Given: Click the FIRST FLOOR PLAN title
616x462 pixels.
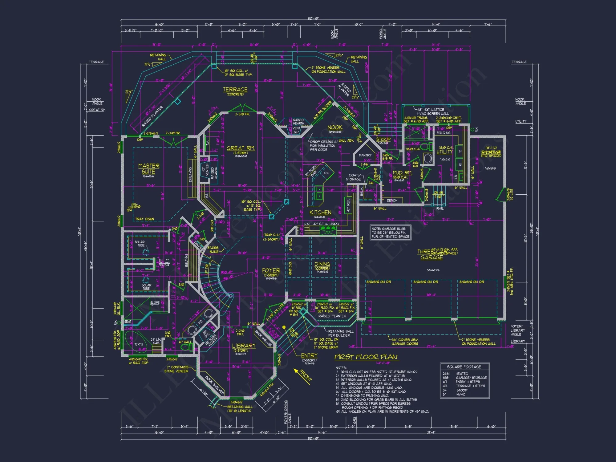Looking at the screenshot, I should (x=366, y=357).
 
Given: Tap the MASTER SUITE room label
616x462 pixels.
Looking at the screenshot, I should (x=148, y=168).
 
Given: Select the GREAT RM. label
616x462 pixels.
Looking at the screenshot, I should (x=241, y=148).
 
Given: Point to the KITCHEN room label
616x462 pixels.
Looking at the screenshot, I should (x=320, y=213).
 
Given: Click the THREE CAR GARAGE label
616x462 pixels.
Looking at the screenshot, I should (x=432, y=255).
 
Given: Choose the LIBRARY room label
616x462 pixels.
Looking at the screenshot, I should (x=244, y=346).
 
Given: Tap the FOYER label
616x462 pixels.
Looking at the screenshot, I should (x=271, y=270).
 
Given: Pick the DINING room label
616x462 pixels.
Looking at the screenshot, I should (x=322, y=264).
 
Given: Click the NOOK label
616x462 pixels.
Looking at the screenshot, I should (x=335, y=127).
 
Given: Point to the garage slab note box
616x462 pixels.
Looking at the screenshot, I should (x=390, y=233).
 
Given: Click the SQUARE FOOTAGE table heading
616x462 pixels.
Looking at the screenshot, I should (x=464, y=367).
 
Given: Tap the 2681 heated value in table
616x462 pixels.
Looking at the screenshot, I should (x=446, y=374).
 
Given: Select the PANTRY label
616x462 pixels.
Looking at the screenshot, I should (x=365, y=155).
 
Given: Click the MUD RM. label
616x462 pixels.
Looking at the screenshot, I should (x=402, y=173).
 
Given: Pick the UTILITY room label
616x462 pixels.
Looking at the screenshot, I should (x=445, y=152).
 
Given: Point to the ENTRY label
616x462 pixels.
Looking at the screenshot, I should (x=309, y=355).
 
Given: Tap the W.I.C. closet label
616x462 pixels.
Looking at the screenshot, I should (x=164, y=261).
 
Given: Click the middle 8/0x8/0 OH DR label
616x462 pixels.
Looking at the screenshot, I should (x=426, y=282).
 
